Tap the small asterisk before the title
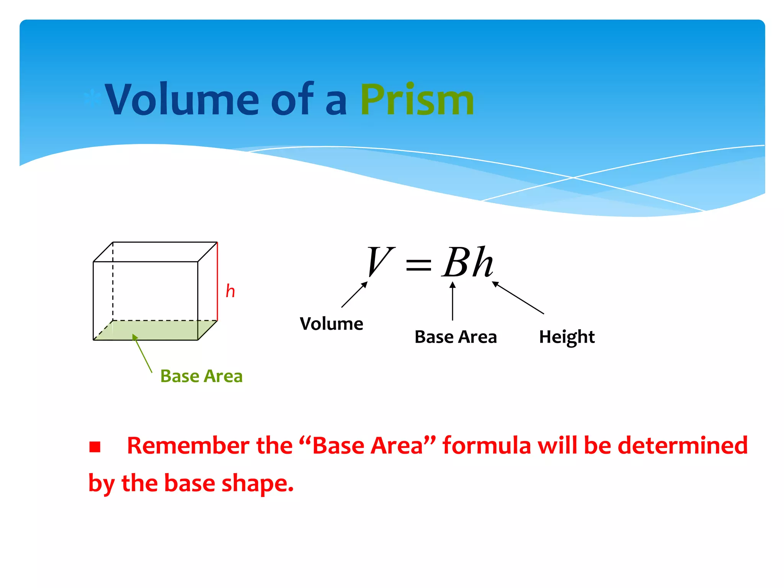pos(92,99)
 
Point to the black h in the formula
pos(482,262)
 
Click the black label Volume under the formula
pos(331,324)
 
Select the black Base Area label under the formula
pos(456,337)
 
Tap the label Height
pos(567,337)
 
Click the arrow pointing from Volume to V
pos(354,295)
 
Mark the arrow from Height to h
pos(518,297)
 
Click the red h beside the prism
pos(230,291)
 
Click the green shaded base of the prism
pos(161,330)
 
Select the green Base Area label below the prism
pos(201,376)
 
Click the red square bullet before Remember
pos(95,447)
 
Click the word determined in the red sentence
pos(682,446)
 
